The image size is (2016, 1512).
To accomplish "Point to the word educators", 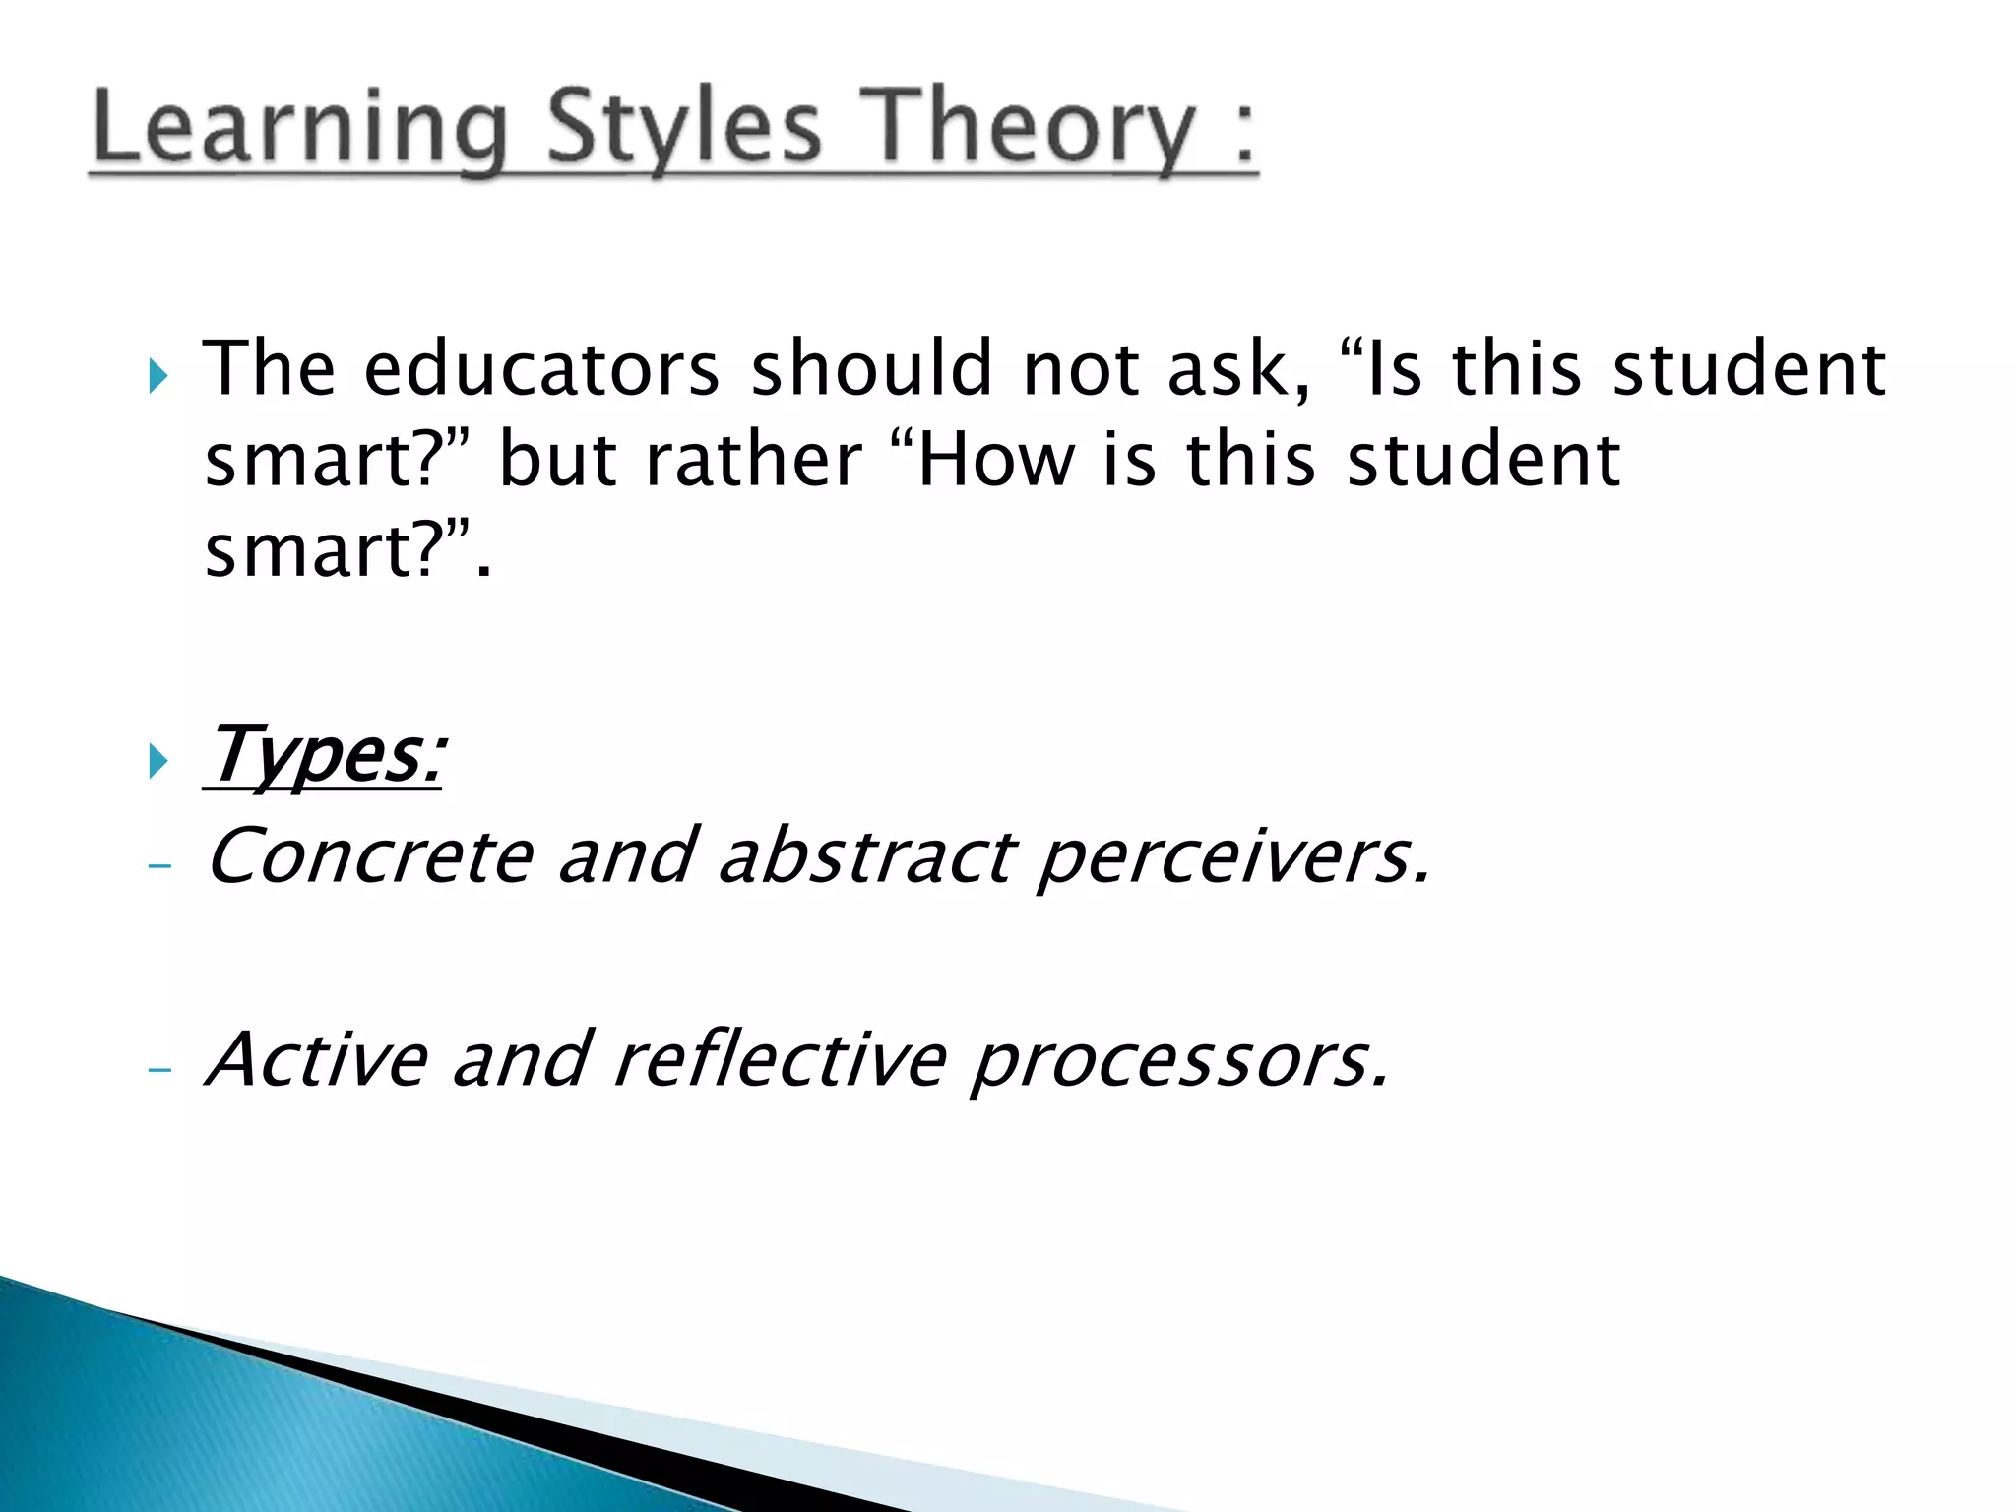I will (x=541, y=370).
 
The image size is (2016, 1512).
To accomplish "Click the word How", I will (x=995, y=461).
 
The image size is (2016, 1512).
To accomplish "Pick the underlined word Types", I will (x=325, y=756).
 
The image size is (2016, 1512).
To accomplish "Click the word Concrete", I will (x=370, y=856).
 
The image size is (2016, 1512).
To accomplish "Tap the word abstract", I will (x=866, y=856).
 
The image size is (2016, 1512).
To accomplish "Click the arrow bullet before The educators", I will (x=158, y=375).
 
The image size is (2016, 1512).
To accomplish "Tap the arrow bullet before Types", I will (x=158, y=760).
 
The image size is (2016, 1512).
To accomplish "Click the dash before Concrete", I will (x=158, y=866).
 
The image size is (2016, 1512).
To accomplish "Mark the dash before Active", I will (x=158, y=1069).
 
